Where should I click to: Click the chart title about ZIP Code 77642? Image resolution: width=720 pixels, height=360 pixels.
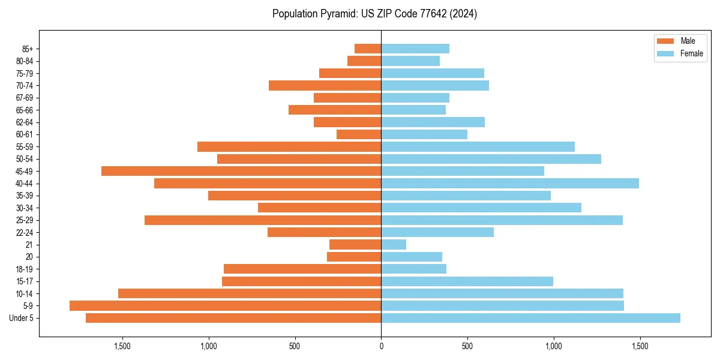click(374, 14)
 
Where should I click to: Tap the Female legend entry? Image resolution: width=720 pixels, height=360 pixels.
click(679, 53)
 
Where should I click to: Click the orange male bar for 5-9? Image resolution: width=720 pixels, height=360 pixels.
click(225, 306)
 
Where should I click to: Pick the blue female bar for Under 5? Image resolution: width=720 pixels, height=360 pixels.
click(530, 318)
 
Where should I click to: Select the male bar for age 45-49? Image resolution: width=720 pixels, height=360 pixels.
click(241, 171)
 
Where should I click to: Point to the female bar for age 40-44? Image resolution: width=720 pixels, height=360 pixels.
click(510, 184)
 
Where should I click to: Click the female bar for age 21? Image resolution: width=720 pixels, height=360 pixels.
click(394, 245)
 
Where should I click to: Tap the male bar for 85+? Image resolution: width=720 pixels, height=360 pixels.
click(368, 49)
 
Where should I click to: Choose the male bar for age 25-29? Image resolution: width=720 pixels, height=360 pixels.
click(263, 220)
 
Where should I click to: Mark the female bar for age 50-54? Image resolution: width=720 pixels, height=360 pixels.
click(491, 159)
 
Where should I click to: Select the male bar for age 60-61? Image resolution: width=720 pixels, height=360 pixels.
click(359, 134)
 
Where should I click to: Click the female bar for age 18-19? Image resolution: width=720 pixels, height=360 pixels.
click(413, 269)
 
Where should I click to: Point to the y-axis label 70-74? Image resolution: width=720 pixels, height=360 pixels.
click(25, 86)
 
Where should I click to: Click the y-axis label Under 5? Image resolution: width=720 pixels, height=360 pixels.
click(21, 318)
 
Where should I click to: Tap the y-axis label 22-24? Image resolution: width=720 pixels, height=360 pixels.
click(25, 233)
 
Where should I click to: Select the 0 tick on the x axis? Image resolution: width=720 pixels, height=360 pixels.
click(381, 346)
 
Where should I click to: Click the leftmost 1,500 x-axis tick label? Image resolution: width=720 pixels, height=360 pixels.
click(122, 346)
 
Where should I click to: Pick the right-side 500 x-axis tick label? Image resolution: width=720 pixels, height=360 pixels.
click(467, 346)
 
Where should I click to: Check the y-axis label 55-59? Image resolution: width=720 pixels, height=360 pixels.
click(25, 147)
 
